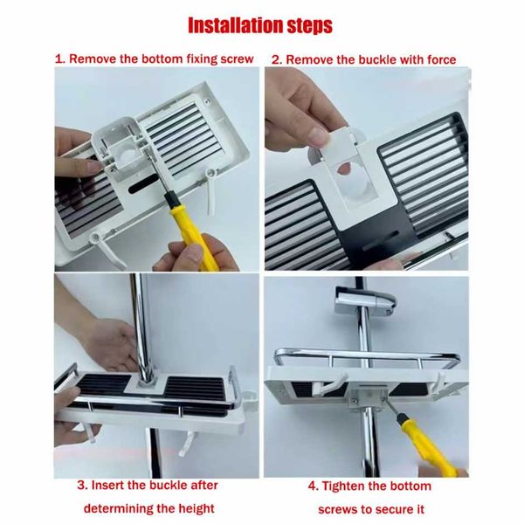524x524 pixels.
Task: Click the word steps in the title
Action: pyautogui.click(x=310, y=26)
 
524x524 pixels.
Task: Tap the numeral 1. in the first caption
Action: pyautogui.click(x=59, y=59)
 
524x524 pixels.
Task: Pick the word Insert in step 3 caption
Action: pyautogui.click(x=107, y=486)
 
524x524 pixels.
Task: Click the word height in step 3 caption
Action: pyautogui.click(x=196, y=508)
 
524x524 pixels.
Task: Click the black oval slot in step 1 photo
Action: pyautogui.click(x=142, y=183)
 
